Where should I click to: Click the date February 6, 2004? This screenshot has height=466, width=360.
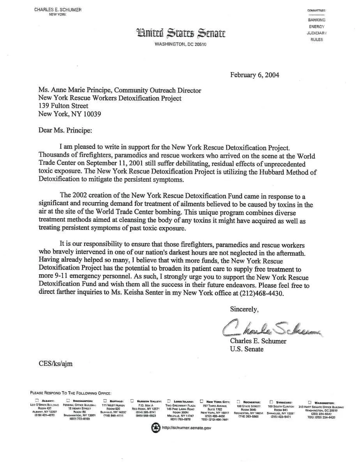coord(254,75)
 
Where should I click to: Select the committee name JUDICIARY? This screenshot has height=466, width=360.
coord(316,33)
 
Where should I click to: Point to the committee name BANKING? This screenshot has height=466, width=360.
coord(316,20)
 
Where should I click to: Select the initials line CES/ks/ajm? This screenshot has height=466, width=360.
coord(55,364)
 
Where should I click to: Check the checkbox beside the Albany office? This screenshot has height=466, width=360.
coord(37,401)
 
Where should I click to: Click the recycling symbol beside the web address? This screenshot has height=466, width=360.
coord(155,427)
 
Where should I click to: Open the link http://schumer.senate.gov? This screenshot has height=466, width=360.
coord(186,428)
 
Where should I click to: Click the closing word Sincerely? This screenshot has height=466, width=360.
coord(244,309)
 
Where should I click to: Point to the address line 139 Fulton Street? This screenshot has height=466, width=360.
coord(63,106)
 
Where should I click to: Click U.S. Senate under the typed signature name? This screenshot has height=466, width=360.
coord(247,349)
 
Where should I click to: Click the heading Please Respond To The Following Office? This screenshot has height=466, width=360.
coord(71,393)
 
